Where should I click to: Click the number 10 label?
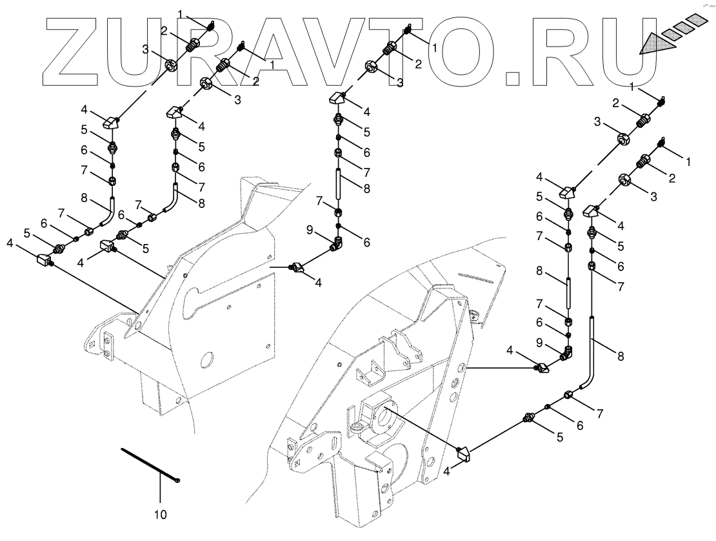[x=160, y=515]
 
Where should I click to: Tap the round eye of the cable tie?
[x=177, y=480]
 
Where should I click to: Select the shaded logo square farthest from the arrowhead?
[x=693, y=21]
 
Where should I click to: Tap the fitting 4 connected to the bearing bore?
[x=463, y=454]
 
